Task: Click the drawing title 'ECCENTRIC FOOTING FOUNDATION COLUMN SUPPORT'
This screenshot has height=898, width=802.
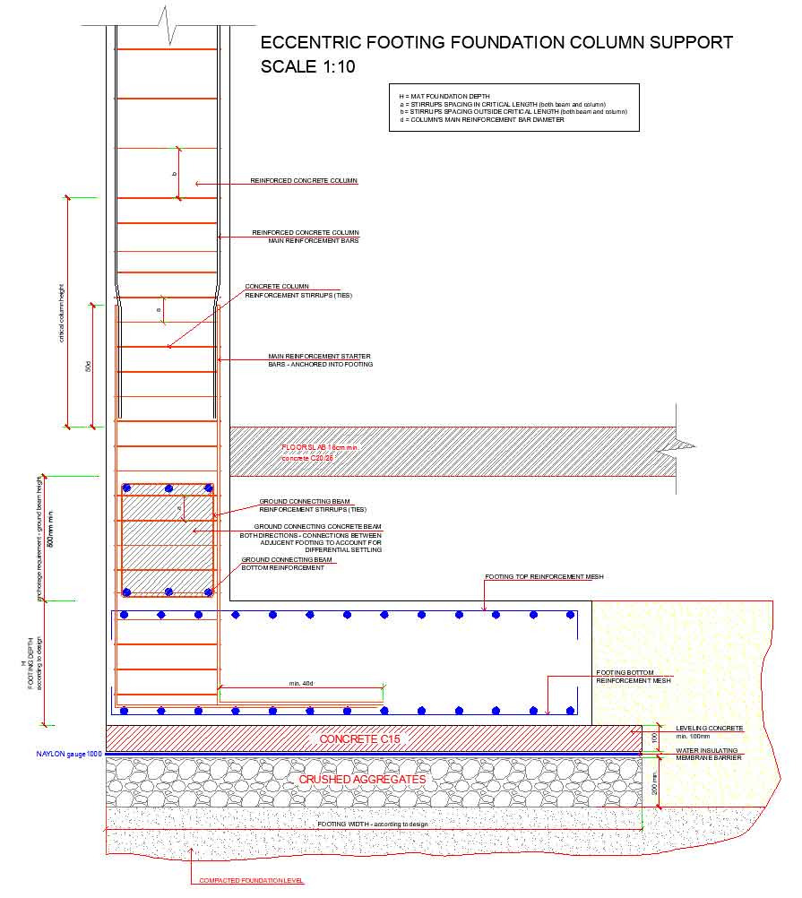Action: coord(496,42)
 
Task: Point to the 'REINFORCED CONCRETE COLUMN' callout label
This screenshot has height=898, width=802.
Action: coord(304,181)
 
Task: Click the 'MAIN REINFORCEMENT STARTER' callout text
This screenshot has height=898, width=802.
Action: coord(320,356)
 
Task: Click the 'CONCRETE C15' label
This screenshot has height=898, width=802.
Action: coord(360,738)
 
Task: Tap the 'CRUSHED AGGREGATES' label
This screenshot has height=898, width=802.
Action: coord(362,780)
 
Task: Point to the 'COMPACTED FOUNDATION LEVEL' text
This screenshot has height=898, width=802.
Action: coord(252,881)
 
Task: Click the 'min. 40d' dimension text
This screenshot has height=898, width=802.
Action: coord(301,684)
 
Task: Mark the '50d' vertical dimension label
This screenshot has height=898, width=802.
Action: coord(88,366)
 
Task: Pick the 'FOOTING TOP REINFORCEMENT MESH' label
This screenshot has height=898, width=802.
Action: coord(544,577)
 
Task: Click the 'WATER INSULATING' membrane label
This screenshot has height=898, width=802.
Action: coord(707,750)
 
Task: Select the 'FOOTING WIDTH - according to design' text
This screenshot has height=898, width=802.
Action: coord(373,824)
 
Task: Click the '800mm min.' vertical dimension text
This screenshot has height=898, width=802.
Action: coord(50,529)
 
